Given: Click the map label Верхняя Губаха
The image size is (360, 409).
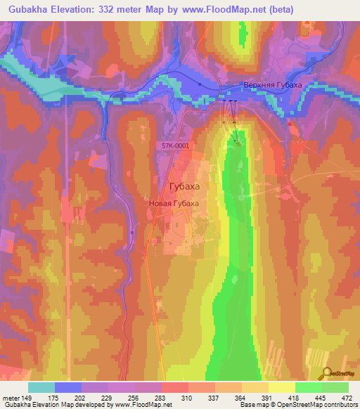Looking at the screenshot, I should coord(273,85).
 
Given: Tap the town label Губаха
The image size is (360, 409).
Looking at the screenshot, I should coord(185,186).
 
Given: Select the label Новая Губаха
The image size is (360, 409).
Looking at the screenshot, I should coord(174,203).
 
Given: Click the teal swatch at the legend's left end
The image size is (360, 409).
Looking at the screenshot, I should coord(41,387).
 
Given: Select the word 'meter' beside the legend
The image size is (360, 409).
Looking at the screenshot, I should coord(11,398).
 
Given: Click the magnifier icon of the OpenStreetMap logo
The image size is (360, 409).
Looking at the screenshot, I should coord(326,372).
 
